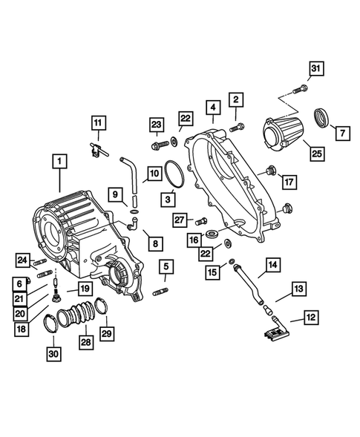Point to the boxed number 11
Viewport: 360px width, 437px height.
click(x=99, y=123)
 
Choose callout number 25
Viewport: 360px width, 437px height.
click(x=316, y=154)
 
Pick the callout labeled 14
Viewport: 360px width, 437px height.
click(x=273, y=264)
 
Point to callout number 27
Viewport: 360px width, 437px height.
click(x=179, y=219)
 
